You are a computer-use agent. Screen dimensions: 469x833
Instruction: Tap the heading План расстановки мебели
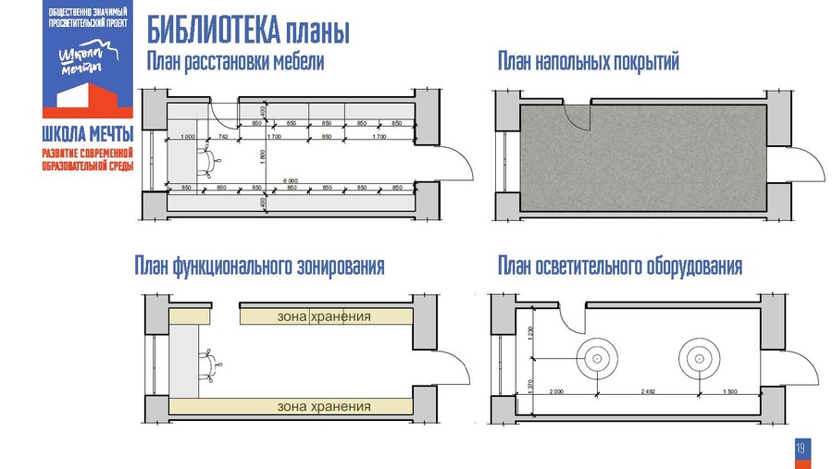pyautogui.click(x=235, y=62)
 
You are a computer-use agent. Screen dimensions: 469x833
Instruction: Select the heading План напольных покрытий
pyautogui.click(x=589, y=62)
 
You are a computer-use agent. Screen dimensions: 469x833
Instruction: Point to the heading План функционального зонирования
pyautogui.click(x=259, y=267)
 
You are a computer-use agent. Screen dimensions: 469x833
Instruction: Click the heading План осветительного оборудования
pyautogui.click(x=620, y=267)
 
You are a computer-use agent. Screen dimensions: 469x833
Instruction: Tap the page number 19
pyautogui.click(x=801, y=449)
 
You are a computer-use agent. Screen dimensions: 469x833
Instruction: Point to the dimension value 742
pyautogui.click(x=223, y=137)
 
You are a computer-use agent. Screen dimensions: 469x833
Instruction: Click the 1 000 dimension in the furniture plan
pyautogui.click(x=190, y=137)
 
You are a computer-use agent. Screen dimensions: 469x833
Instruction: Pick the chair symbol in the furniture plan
pyautogui.click(x=211, y=162)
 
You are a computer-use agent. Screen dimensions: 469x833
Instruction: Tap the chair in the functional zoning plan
pyautogui.click(x=213, y=364)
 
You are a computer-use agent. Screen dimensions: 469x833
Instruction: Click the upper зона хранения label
pyautogui.click(x=324, y=316)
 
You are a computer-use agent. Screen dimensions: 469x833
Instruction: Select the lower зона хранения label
pyautogui.click(x=324, y=406)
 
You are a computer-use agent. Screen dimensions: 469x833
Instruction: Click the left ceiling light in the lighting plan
pyautogui.click(x=597, y=358)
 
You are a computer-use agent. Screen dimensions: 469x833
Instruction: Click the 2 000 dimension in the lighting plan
pyautogui.click(x=556, y=391)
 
